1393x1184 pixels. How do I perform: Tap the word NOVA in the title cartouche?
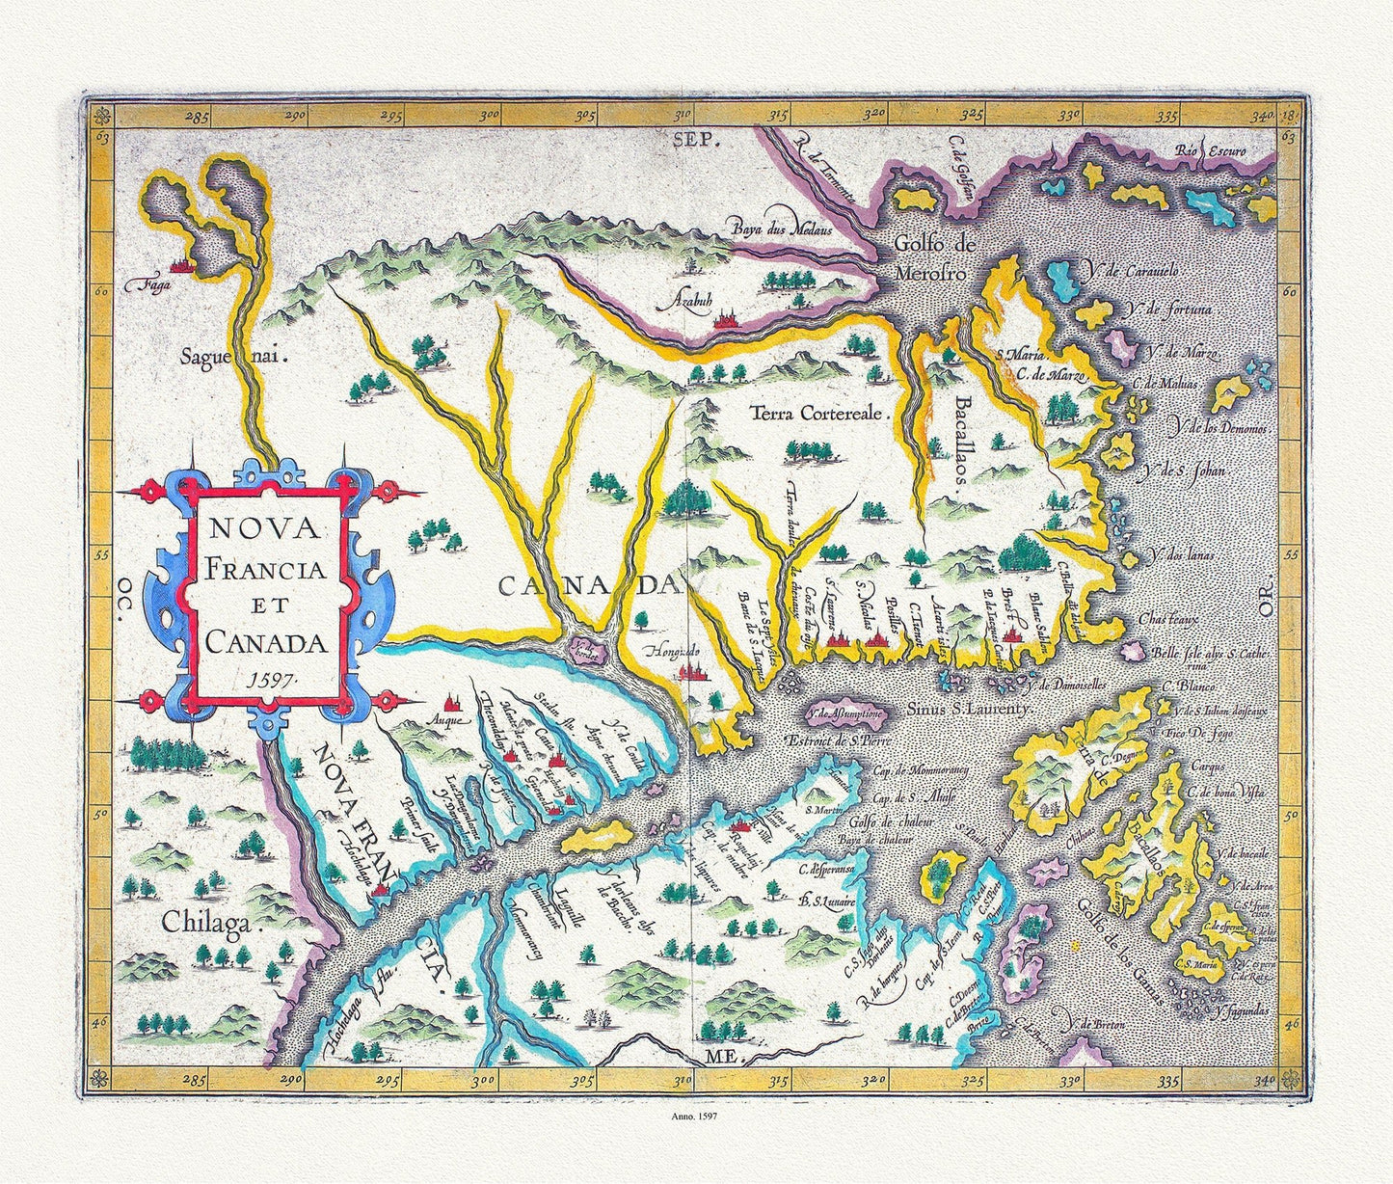click(x=268, y=529)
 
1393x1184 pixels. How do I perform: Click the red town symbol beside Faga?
click(x=179, y=262)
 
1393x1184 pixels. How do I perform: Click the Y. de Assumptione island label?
click(x=835, y=715)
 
